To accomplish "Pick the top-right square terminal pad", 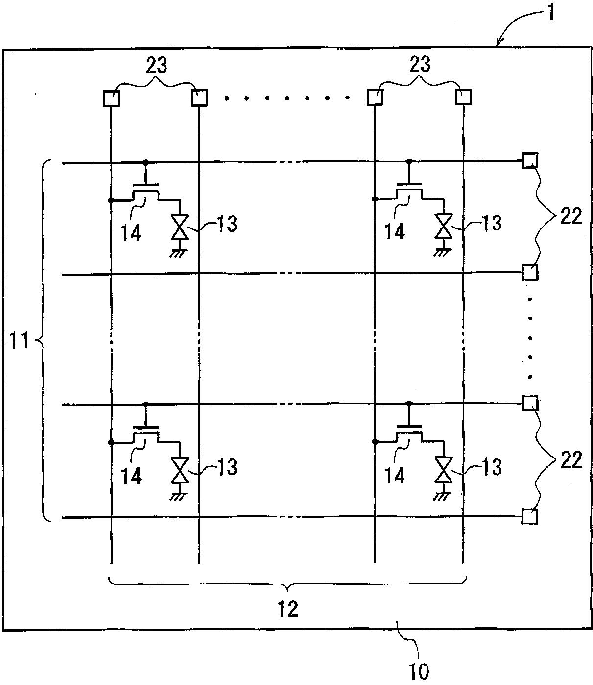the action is [x=463, y=97].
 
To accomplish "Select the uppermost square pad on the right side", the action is [x=529, y=160].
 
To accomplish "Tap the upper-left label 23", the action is [x=156, y=65].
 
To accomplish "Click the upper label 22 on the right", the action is [x=570, y=216].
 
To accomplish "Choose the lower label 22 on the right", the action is [x=570, y=460].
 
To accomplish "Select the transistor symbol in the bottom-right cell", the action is [x=409, y=434].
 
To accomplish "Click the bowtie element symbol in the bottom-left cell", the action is [x=180, y=470].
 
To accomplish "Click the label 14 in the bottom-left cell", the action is [x=131, y=475].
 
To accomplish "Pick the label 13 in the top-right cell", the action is [x=490, y=223].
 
